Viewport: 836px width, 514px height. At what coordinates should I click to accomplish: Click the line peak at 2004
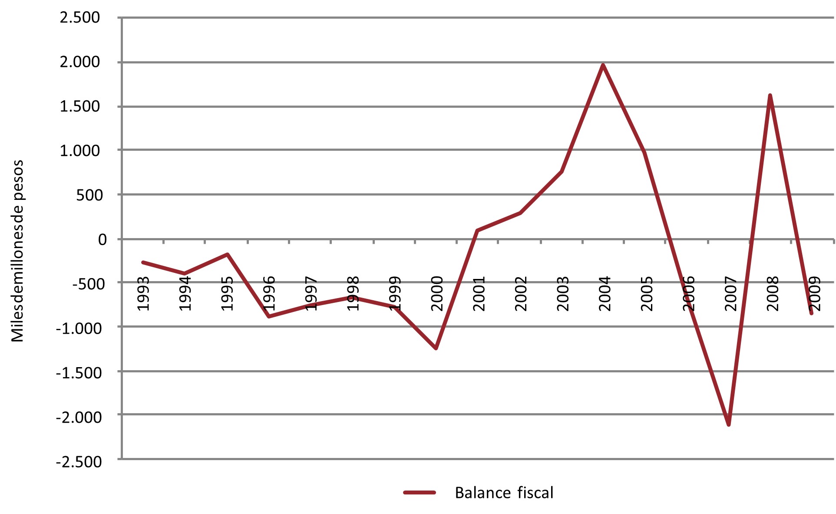(603, 65)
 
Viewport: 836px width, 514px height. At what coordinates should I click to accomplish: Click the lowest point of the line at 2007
(728, 424)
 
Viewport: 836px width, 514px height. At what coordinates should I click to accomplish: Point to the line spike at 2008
(770, 96)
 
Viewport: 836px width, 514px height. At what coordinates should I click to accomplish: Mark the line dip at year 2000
(436, 348)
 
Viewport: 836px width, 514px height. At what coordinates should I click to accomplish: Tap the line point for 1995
(227, 254)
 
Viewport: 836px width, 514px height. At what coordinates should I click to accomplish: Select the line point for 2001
(477, 230)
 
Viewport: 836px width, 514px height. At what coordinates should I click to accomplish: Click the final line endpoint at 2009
(811, 313)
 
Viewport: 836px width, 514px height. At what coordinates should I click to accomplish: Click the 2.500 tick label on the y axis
(80, 18)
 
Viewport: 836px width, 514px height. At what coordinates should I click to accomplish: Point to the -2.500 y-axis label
(79, 461)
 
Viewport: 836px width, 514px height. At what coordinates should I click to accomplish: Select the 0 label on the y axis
(102, 239)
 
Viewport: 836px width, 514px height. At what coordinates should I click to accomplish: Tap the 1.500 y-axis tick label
(80, 106)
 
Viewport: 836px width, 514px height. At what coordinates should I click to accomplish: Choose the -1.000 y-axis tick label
(79, 328)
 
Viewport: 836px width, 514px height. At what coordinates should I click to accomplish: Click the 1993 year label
(143, 294)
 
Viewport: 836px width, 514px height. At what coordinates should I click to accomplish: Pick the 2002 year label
(521, 294)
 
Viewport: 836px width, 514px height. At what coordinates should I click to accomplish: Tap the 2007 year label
(731, 294)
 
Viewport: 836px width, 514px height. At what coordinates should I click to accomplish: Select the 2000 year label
(437, 294)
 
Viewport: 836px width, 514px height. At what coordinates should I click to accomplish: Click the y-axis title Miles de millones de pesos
(17, 251)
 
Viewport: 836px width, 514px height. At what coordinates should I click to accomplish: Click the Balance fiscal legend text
(504, 493)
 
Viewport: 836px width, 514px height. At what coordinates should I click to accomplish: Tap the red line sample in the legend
(420, 493)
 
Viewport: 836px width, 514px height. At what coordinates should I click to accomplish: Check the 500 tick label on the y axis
(89, 195)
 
